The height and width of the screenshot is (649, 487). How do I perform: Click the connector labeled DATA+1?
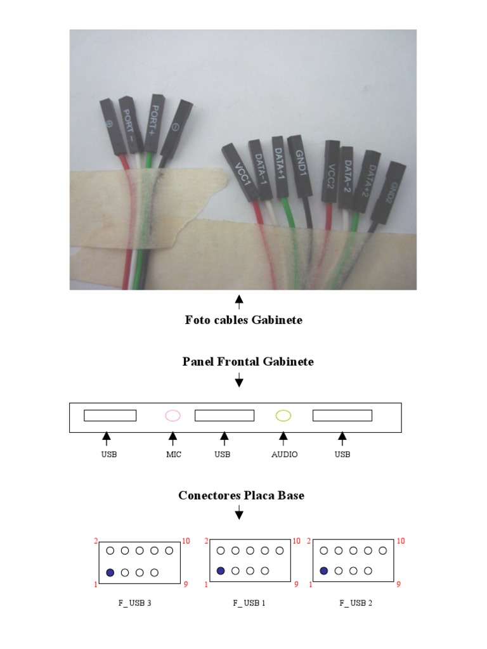279,162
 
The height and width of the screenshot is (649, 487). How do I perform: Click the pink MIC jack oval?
172,416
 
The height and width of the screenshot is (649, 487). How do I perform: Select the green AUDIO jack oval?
283,416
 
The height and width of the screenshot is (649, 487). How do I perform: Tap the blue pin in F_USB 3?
110,572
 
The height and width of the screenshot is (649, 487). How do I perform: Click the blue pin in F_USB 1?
221,571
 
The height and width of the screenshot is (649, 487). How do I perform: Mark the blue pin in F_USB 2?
324,571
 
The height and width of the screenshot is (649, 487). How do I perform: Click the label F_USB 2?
355,603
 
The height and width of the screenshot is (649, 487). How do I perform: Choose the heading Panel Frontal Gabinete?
248,362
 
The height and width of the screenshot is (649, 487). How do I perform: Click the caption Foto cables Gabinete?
243,320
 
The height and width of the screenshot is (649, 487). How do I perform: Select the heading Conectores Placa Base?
241,495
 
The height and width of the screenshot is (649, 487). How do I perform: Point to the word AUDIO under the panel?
284,454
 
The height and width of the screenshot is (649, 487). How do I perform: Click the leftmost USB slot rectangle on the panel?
110,416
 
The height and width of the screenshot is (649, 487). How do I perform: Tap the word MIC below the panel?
173,454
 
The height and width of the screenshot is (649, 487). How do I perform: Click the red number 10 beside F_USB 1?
296,541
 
